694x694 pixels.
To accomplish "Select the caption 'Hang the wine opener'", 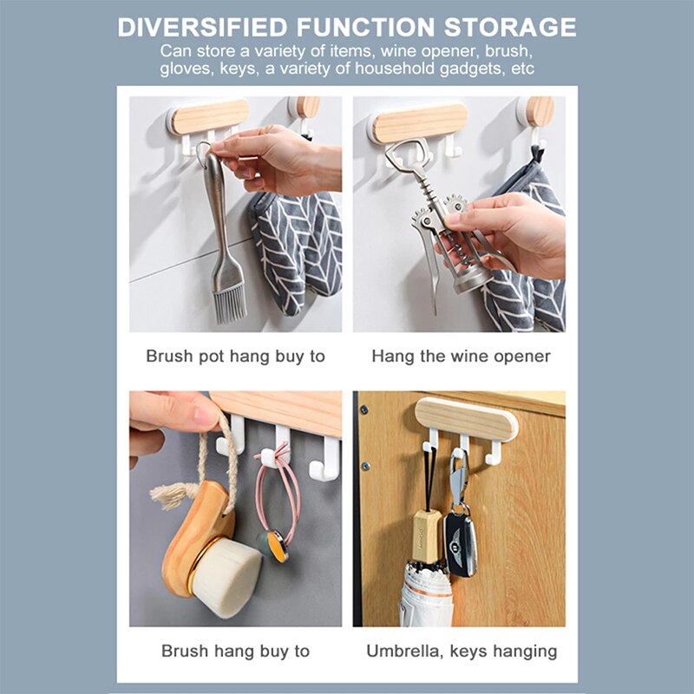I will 461,357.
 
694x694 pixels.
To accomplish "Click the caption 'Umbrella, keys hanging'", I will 461,651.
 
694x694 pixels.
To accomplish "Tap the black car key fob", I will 460,542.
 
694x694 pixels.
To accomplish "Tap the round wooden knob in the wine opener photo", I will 539,110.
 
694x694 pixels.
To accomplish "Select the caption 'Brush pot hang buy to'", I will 235,357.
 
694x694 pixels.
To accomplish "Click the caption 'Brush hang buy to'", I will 235,651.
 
